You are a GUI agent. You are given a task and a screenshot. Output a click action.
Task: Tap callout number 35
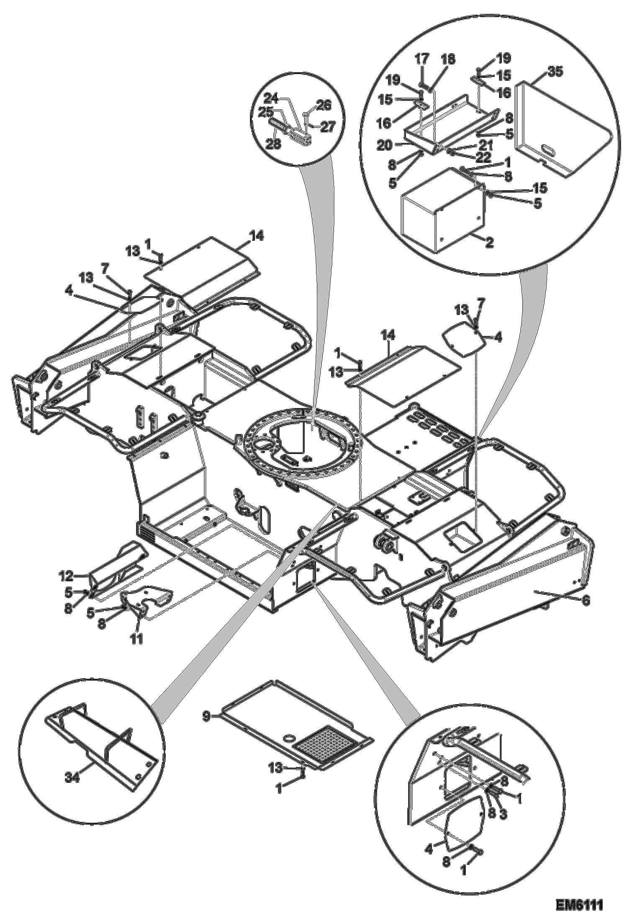click(555, 72)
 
